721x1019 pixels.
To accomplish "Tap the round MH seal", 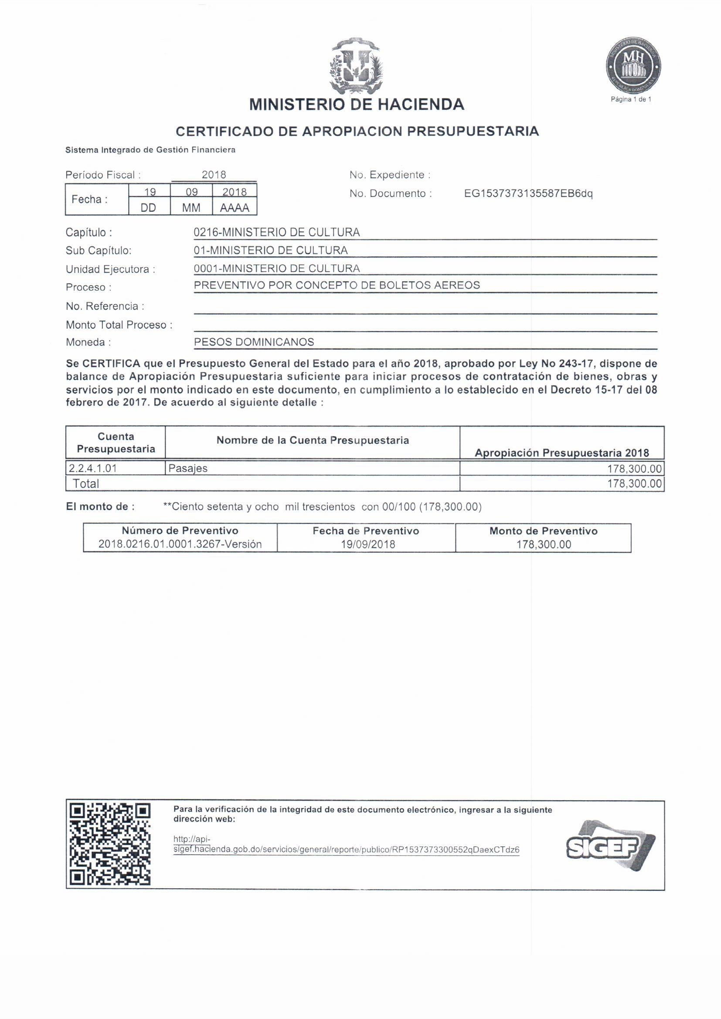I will click(633, 67).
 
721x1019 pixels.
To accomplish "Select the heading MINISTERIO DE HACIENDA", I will click(357, 105).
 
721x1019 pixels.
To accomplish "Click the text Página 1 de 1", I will click(631, 99).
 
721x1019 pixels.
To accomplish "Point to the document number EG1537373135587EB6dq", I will click(528, 194).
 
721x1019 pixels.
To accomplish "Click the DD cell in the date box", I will click(149, 208).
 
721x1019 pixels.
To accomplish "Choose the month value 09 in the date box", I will click(191, 192).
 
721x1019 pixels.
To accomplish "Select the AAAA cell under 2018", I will click(235, 208).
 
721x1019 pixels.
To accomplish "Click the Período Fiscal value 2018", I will click(214, 175).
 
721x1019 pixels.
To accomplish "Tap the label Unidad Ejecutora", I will click(111, 269).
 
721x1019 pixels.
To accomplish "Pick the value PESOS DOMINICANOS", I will click(254, 342).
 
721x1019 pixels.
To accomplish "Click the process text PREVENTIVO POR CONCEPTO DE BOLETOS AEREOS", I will click(337, 285).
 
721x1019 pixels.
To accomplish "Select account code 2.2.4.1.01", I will click(93, 468).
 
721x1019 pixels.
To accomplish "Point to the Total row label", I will click(86, 484).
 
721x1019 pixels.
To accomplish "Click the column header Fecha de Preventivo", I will click(366, 531).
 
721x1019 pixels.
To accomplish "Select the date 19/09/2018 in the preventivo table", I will click(368, 544).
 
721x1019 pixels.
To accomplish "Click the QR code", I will click(111, 844).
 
